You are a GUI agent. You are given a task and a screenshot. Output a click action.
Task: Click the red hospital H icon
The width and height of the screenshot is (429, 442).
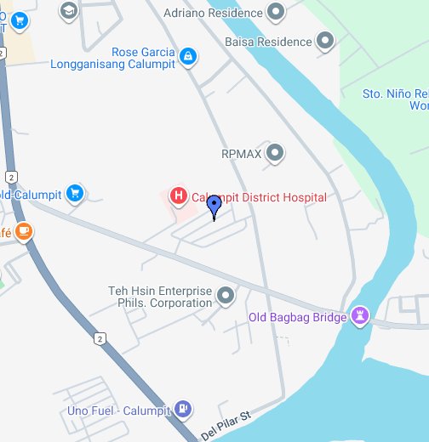179,196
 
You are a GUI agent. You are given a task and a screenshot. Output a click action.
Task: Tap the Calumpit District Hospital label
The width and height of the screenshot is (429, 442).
259,197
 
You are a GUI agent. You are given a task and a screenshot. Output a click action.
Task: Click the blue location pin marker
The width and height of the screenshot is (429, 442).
214,205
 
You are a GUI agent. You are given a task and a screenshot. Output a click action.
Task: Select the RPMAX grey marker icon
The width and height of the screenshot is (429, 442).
275,154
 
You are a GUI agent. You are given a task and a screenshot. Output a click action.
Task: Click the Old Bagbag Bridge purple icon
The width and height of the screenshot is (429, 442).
360,317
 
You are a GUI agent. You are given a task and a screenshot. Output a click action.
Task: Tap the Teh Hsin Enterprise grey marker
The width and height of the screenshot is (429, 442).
226,297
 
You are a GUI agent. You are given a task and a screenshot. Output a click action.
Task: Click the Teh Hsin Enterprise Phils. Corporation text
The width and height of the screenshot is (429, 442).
160,297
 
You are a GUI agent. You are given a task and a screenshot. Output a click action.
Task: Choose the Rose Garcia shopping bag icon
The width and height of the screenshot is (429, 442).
188,58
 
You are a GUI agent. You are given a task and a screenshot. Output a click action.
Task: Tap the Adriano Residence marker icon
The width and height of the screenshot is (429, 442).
275,13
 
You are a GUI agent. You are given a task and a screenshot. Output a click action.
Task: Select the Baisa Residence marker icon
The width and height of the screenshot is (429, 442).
324,40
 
